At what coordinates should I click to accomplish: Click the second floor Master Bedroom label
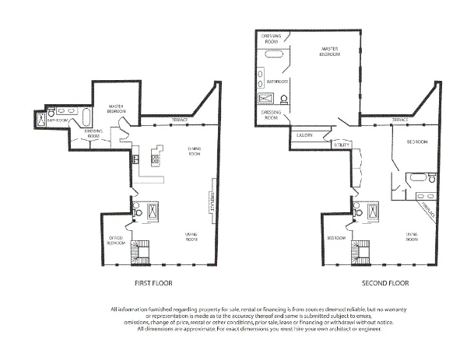332,52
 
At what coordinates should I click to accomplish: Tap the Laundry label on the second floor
304,135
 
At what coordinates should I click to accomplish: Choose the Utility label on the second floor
341,145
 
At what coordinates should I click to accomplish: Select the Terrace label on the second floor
400,120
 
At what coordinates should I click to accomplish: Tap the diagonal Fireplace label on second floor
427,206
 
